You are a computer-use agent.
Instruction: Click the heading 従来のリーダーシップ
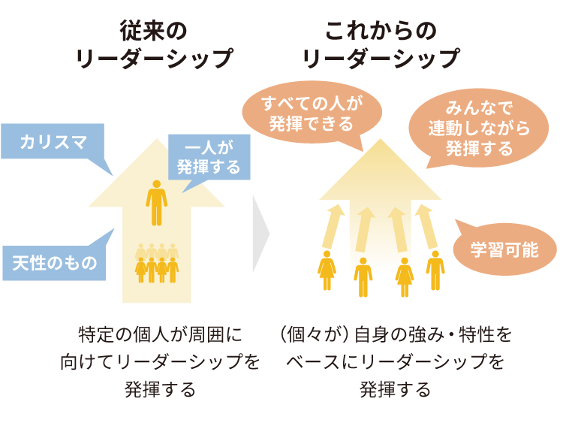[155, 45]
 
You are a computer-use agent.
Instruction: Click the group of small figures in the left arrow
[156, 263]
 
